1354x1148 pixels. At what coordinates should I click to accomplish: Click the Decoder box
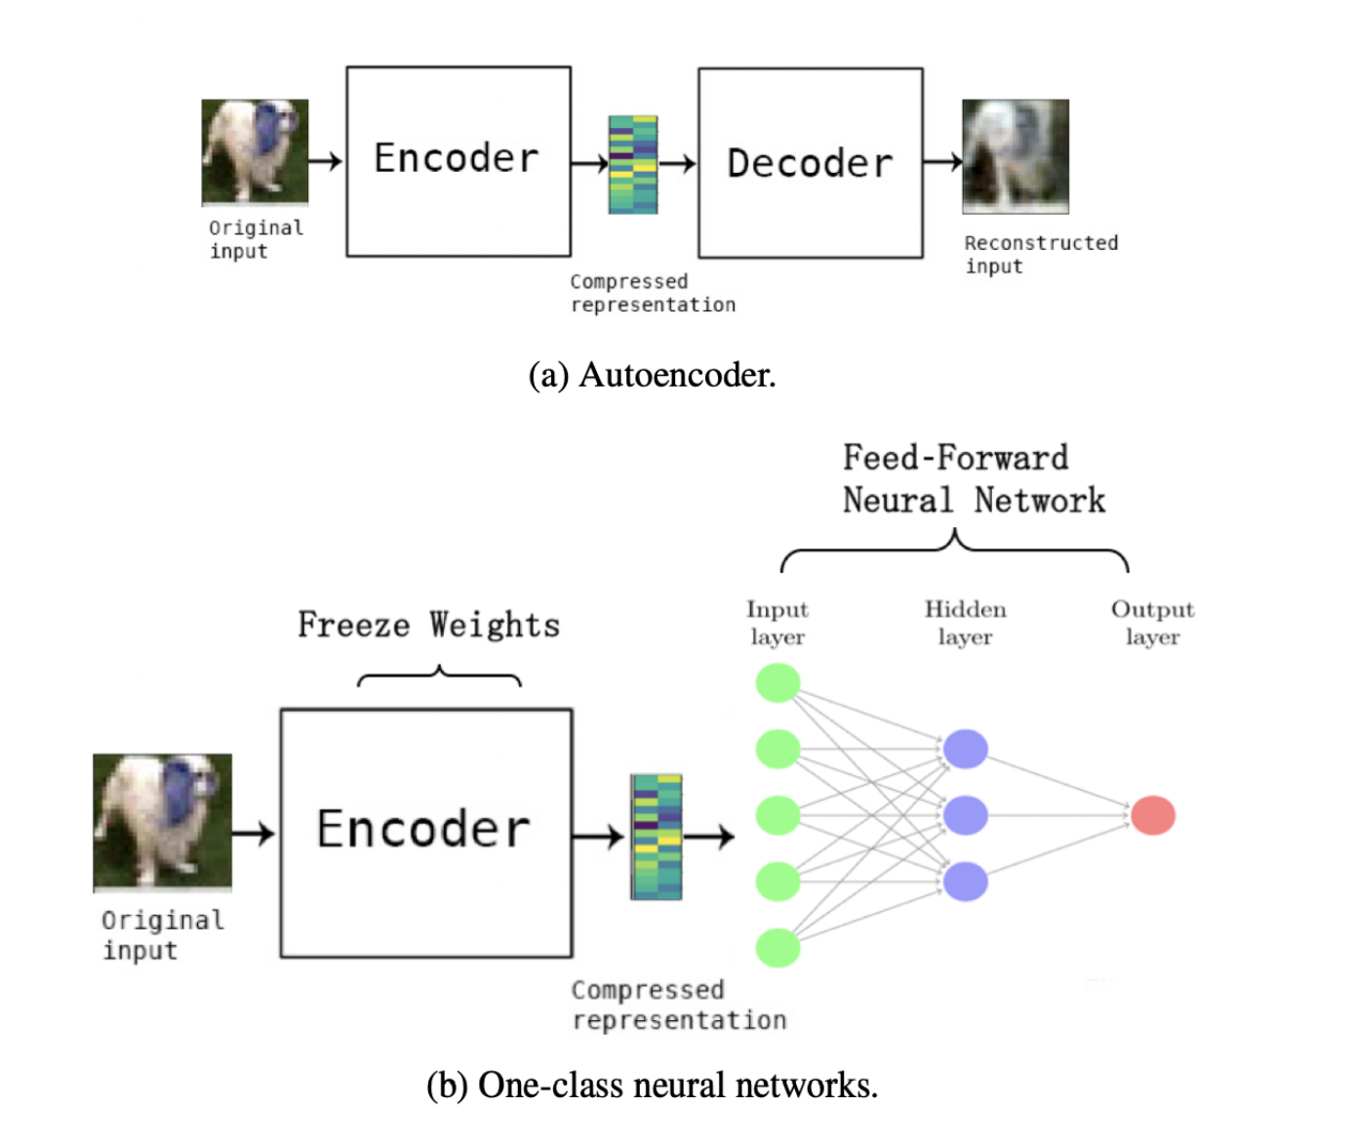coord(810,163)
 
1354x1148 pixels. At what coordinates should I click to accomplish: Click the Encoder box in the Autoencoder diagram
coord(458,161)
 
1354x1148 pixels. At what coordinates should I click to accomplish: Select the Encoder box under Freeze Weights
coord(425,832)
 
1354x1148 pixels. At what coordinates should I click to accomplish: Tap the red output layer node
coord(1152,815)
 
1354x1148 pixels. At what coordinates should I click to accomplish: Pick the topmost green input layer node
coord(777,682)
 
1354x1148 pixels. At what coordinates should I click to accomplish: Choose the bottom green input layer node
coord(777,948)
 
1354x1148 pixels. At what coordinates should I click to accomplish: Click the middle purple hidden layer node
coord(965,815)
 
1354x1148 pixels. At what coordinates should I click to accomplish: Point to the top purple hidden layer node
coord(965,749)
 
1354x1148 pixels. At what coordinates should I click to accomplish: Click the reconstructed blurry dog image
coord(1015,156)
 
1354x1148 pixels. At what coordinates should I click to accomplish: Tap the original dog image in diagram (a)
coord(255,152)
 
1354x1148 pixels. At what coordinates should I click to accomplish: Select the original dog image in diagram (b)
coord(162,822)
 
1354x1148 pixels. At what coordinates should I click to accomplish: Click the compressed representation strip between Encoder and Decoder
coord(633,164)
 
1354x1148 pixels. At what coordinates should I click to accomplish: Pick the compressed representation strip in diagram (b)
coord(656,837)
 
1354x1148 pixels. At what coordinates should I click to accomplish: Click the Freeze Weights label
coord(428,625)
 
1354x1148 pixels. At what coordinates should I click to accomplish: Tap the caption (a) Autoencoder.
coord(652,375)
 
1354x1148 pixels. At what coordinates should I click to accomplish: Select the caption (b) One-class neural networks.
coord(652,1085)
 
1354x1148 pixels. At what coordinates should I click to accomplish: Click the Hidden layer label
coord(965,623)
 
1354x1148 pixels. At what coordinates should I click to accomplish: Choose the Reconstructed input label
coord(1040,254)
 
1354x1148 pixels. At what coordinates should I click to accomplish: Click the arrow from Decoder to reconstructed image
coord(941,162)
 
